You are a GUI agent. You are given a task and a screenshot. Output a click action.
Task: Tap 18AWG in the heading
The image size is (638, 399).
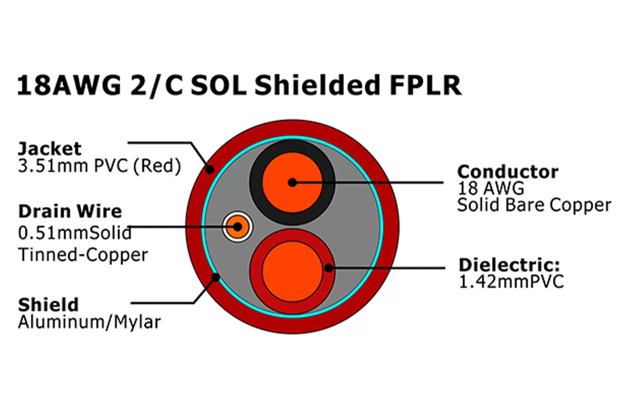[x=69, y=85]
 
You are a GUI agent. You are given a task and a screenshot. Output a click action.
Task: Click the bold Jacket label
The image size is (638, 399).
[x=49, y=148]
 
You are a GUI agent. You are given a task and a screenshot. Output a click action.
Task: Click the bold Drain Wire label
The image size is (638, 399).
[x=70, y=211]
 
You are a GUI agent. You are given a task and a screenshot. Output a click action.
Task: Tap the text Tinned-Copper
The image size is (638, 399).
[x=83, y=255]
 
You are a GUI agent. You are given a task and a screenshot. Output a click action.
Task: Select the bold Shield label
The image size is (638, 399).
[x=48, y=304]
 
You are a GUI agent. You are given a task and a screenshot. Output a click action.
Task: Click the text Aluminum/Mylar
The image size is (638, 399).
[x=89, y=322]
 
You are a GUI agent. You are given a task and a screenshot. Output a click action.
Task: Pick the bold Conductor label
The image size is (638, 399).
[x=508, y=172]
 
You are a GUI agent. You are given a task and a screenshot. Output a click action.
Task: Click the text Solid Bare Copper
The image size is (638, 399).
[x=534, y=205]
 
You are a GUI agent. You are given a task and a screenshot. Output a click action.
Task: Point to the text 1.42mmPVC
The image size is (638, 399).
[x=511, y=282]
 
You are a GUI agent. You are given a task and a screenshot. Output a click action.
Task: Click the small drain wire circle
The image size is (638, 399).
[x=238, y=227]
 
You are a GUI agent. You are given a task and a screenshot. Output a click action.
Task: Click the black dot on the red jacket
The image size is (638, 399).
[x=210, y=170]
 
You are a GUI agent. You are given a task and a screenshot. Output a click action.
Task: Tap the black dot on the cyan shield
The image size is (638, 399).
[x=216, y=276]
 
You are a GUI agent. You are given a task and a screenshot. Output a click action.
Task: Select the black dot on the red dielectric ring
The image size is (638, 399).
[x=328, y=268]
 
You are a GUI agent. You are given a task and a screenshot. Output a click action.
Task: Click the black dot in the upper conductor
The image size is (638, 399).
[x=292, y=183]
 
